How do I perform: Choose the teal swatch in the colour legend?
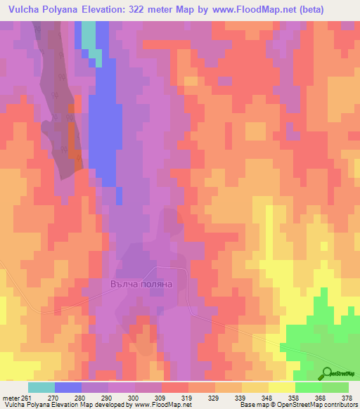pyautogui.click(x=41, y=387)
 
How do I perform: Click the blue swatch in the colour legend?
pyautogui.click(x=68, y=387)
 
